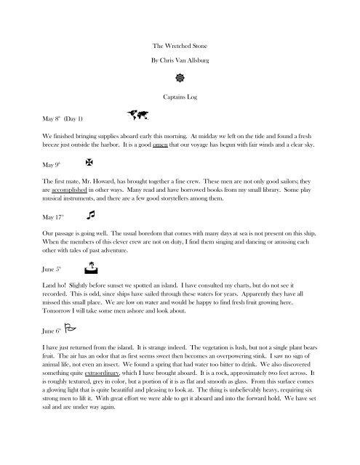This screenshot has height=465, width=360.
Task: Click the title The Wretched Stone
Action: pos(180,45)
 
